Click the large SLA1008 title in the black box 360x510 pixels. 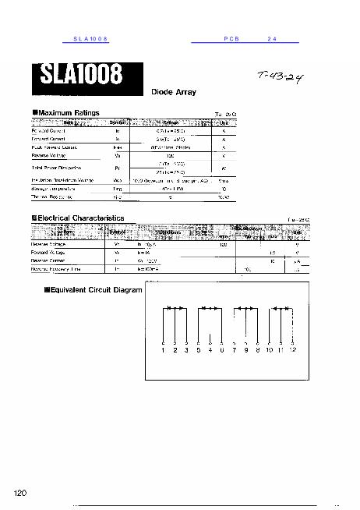click(x=78, y=76)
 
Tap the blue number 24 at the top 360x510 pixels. click(x=272, y=38)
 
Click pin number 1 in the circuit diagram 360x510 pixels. click(x=164, y=351)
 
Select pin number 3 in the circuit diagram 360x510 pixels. click(x=185, y=351)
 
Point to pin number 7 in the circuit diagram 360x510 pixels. click(x=235, y=351)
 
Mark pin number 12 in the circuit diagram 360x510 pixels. click(x=292, y=351)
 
